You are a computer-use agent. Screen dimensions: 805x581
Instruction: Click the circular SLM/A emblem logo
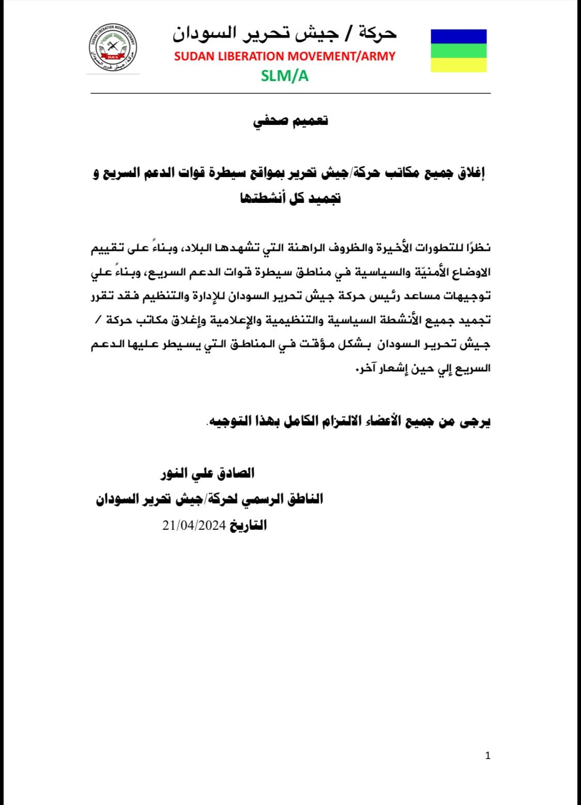(112, 50)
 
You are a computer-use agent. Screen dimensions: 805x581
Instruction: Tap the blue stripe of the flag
(458, 36)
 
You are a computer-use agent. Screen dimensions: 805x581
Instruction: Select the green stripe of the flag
(458, 50)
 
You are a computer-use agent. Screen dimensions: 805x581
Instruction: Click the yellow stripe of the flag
(458, 65)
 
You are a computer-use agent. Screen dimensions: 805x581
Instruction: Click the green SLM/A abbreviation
(285, 76)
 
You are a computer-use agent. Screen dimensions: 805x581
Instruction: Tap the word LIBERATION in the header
(249, 56)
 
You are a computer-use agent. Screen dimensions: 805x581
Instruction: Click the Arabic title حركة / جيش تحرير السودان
(285, 34)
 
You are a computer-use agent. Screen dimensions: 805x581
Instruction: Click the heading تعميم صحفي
(291, 122)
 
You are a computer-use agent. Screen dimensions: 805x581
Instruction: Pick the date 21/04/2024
(194, 526)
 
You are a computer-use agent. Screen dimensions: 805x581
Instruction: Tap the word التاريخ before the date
(248, 526)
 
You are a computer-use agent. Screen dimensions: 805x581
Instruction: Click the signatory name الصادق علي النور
(208, 473)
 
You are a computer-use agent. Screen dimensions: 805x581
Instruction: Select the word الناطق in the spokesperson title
(305, 499)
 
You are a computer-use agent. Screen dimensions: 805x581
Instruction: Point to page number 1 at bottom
(488, 756)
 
